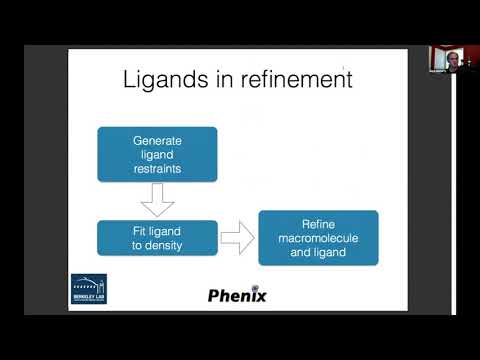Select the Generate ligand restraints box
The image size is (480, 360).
coord(157,154)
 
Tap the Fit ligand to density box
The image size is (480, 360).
coord(157,238)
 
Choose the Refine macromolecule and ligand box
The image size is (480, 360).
coord(318,237)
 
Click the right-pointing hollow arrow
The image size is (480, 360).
coord(236,238)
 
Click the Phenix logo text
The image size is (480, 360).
coord(236,295)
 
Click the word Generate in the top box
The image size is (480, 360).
coord(157,141)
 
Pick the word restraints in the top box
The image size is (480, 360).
coord(157,167)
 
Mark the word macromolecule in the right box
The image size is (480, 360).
coord(318,237)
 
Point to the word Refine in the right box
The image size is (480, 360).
coord(318,224)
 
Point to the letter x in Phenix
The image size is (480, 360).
coord(258,295)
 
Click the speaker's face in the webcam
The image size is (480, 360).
coord(449,57)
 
